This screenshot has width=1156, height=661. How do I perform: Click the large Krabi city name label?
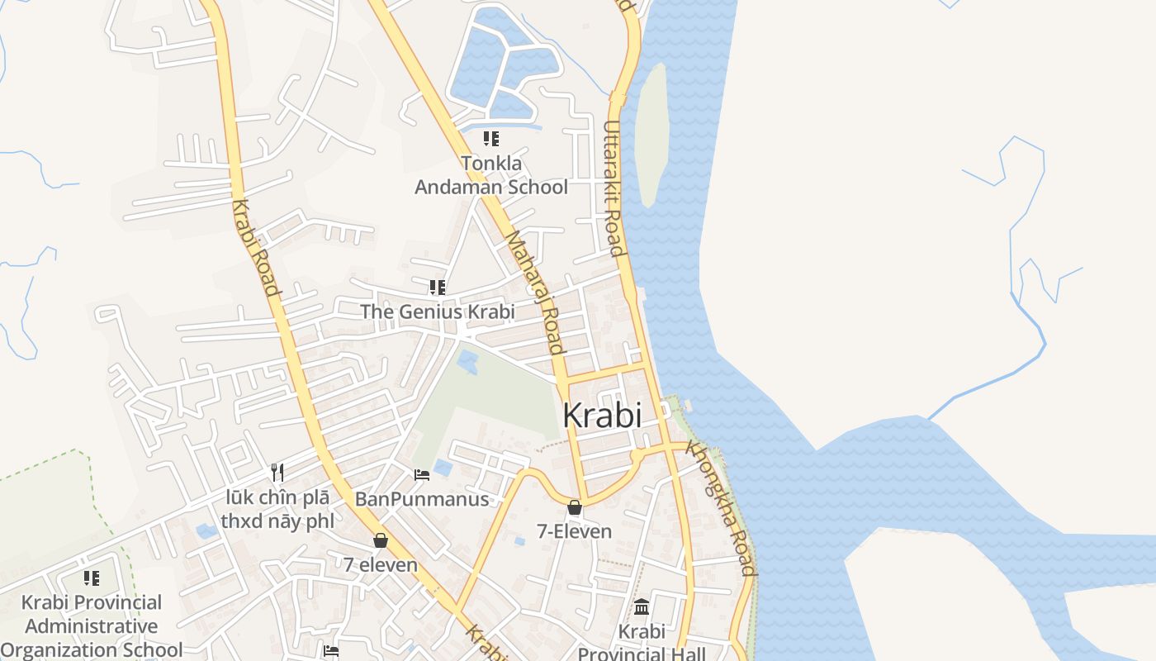pyautogui.click(x=601, y=415)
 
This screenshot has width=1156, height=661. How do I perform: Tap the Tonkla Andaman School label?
pyautogui.click(x=491, y=175)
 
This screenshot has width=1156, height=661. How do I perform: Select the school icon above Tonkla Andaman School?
pyautogui.click(x=491, y=139)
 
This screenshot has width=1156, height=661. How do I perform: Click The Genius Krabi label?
pyautogui.click(x=437, y=311)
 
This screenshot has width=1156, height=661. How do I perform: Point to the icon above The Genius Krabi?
pyautogui.click(x=437, y=288)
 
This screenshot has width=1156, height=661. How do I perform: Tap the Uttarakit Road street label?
pyautogui.click(x=611, y=188)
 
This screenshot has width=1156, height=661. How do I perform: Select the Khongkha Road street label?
pyautogui.click(x=721, y=509)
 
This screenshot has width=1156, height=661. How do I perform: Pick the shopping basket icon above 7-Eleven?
pyautogui.click(x=574, y=507)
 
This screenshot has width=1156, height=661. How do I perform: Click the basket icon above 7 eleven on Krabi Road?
pyautogui.click(x=381, y=540)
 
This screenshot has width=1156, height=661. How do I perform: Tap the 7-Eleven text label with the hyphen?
pyautogui.click(x=575, y=531)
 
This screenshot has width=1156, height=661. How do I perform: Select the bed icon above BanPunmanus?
pyautogui.click(x=422, y=475)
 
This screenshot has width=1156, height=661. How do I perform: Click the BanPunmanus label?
pyautogui.click(x=422, y=499)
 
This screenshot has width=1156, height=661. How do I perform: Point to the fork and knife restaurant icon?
pyautogui.click(x=277, y=473)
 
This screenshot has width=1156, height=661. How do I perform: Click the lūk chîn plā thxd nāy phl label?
pyautogui.click(x=277, y=509)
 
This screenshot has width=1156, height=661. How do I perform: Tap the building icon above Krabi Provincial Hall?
pyautogui.click(x=642, y=607)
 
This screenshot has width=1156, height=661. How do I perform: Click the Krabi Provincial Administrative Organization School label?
pyautogui.click(x=92, y=625)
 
